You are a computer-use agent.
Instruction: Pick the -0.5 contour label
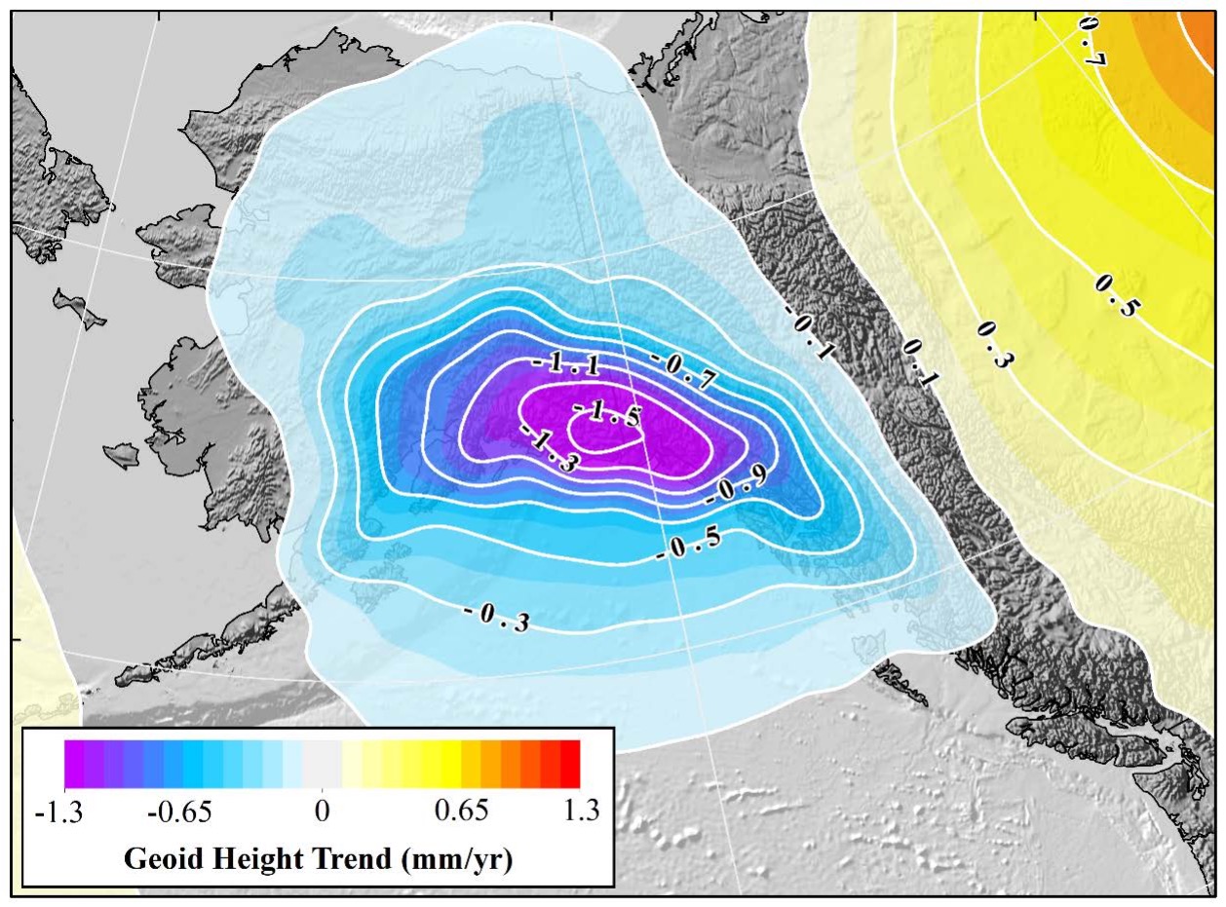[689, 547]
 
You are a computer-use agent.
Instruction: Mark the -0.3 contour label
[496, 617]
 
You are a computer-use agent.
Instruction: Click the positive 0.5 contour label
[1116, 296]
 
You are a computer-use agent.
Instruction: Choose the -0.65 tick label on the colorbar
[180, 811]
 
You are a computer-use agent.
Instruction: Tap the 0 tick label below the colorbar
[322, 811]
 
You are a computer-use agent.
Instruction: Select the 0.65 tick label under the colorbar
[462, 811]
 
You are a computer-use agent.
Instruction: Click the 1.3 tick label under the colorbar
[582, 811]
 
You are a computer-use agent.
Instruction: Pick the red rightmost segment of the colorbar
[570, 764]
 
